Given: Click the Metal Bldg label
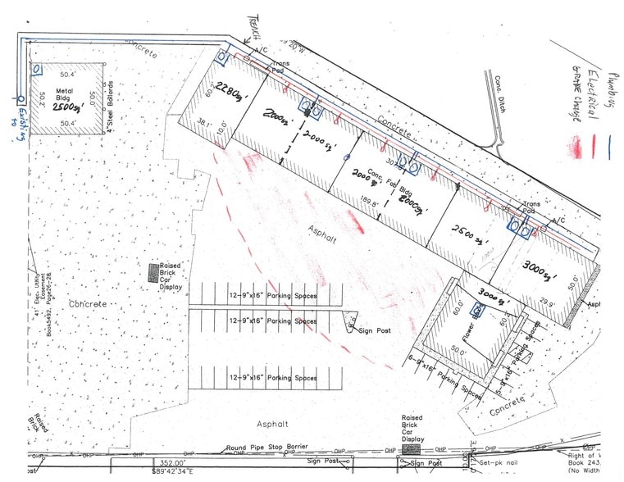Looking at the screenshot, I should click(x=65, y=93).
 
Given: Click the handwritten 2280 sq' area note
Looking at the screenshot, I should click(x=231, y=98).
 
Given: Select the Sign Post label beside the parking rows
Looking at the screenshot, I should click(x=371, y=330).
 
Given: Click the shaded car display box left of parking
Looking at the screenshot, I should click(x=153, y=273).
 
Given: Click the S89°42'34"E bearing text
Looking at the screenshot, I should click(x=186, y=471).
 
